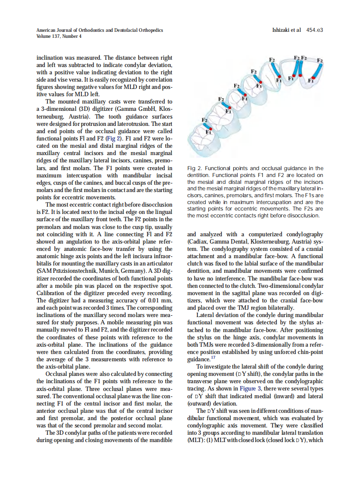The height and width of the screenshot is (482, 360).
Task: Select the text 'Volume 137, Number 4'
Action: pos(59,36)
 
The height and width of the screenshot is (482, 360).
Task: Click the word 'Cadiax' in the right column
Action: pos(199,241)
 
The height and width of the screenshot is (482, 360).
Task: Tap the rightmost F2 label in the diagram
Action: pos(320,61)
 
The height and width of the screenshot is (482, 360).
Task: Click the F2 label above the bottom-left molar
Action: pos(205,120)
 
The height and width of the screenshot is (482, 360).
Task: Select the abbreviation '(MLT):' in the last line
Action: pos(196,440)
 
